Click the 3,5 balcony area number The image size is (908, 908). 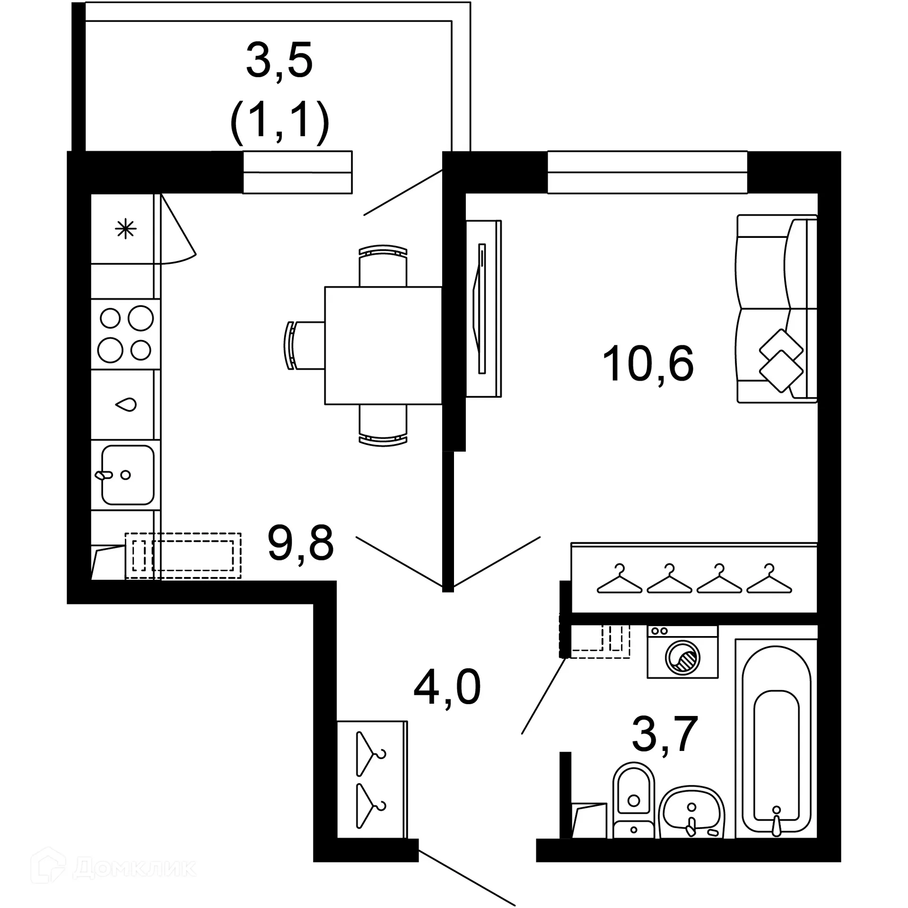(279, 61)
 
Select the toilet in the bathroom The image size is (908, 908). (633, 799)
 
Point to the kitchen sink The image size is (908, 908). (127, 474)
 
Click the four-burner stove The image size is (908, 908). (126, 333)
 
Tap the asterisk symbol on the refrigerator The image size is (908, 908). (126, 229)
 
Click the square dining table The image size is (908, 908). (383, 345)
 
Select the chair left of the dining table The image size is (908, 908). (303, 345)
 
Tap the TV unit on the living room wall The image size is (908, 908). (483, 308)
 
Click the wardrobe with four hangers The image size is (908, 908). (694, 578)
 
